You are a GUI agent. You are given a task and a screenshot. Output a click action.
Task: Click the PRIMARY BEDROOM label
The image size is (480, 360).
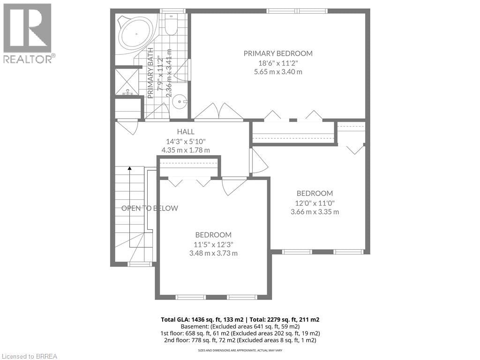277,53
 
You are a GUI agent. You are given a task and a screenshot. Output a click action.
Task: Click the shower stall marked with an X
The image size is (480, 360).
127,82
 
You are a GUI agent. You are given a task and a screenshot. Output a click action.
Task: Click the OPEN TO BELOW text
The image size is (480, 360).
150,208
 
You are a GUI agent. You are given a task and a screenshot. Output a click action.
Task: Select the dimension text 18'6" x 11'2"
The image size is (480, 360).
277,63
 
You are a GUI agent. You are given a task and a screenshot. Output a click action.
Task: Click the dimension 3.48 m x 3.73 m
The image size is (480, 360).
213,254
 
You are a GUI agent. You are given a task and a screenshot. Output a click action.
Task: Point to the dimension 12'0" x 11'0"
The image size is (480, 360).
315,202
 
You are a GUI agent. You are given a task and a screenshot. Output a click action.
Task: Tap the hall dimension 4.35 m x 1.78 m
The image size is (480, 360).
186,150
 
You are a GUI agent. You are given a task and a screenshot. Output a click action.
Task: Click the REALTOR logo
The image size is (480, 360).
28,33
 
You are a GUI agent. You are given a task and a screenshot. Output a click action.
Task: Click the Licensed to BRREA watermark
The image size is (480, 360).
29,356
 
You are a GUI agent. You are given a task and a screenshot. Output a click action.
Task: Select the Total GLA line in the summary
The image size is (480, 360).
240,320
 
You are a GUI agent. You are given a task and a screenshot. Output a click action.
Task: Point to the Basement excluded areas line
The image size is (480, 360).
240,326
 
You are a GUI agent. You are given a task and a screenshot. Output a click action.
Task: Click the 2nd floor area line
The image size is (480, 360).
240,340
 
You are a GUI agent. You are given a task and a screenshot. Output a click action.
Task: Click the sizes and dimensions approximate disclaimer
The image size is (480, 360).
240,350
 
